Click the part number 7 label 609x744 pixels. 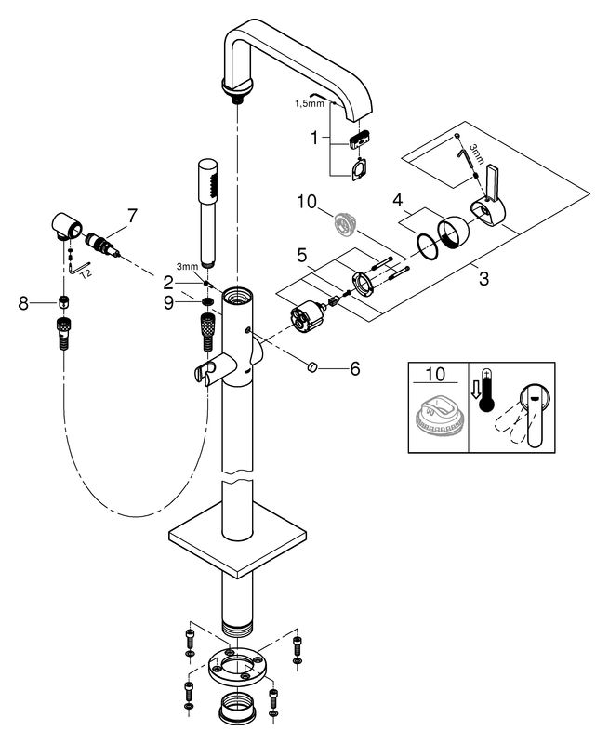click(131, 217)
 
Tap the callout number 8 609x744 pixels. click(23, 303)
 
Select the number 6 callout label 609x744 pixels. click(355, 368)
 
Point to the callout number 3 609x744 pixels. click(483, 278)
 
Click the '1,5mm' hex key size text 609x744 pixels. click(310, 103)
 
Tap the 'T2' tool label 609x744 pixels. click(86, 273)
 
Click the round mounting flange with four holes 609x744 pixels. click(237, 667)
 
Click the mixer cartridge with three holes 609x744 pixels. click(308, 317)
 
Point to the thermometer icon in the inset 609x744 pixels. click(487, 391)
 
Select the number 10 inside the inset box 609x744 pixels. click(435, 374)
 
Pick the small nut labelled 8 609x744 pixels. click(64, 301)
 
